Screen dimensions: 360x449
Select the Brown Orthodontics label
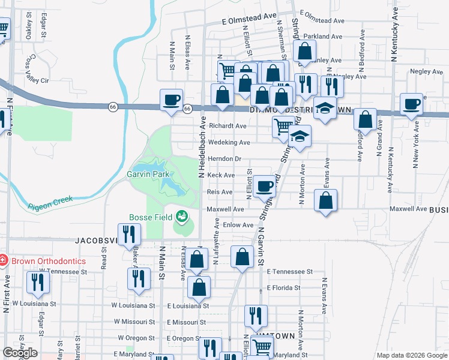click(x=47, y=261)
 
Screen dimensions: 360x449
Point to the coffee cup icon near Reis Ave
click(x=264, y=186)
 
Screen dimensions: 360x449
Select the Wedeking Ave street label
click(x=229, y=142)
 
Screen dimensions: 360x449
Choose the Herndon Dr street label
click(x=224, y=159)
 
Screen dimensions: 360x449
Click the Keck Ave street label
click(x=221, y=175)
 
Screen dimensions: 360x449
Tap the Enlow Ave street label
click(x=239, y=225)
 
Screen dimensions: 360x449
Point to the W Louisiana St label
click(x=134, y=305)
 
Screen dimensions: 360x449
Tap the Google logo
click(x=20, y=353)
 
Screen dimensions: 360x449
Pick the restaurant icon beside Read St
click(x=128, y=234)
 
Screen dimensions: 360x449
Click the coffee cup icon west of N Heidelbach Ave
click(x=172, y=100)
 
